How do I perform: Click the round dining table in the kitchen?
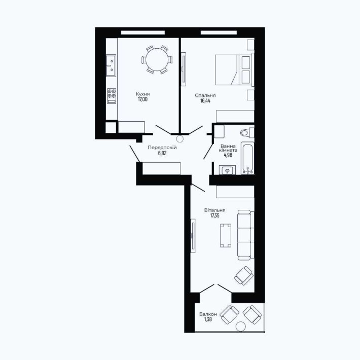(x=157, y=59)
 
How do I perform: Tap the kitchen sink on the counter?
(x=111, y=65)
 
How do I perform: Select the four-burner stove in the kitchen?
(x=112, y=96)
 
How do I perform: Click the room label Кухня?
(x=142, y=94)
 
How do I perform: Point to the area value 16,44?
(x=205, y=101)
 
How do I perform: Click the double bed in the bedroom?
(x=234, y=69)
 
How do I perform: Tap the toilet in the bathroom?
(x=247, y=132)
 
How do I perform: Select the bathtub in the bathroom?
(x=247, y=158)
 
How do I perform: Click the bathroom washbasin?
(x=227, y=170)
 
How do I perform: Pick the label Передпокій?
(x=162, y=148)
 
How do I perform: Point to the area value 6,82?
(x=162, y=153)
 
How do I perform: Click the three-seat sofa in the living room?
(x=246, y=235)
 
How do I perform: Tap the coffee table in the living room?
(x=226, y=236)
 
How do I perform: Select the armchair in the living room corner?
(x=244, y=276)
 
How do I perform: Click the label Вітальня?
(x=214, y=210)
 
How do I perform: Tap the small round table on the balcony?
(x=241, y=327)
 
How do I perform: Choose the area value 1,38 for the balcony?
(x=208, y=319)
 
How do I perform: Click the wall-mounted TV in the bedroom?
(x=183, y=69)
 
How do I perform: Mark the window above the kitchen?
(x=143, y=32)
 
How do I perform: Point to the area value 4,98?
(x=228, y=155)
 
